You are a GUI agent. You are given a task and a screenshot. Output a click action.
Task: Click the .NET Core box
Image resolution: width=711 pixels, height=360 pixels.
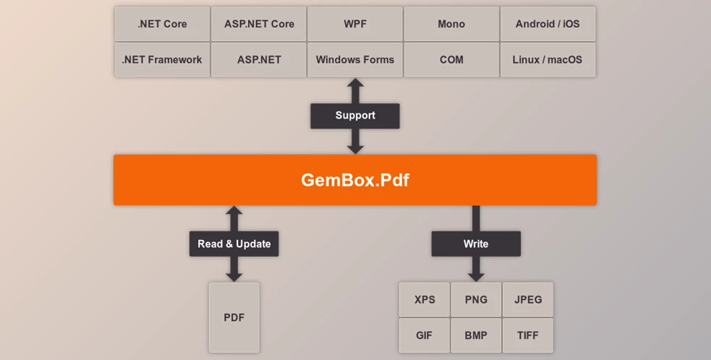162,24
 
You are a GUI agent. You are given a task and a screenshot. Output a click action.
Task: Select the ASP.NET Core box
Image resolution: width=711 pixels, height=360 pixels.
258,24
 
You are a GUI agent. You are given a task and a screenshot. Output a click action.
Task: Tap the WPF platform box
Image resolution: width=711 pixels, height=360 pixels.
355,24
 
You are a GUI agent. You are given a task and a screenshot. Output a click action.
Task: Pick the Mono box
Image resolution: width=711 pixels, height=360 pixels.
451,24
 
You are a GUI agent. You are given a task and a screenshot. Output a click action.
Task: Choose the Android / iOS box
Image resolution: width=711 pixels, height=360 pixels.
548,24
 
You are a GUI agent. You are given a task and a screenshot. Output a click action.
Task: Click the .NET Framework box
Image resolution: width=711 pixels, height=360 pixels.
162,59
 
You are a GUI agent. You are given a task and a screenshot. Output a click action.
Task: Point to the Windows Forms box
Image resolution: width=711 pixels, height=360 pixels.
355,59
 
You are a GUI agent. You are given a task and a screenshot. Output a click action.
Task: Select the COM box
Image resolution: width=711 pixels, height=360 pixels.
451,59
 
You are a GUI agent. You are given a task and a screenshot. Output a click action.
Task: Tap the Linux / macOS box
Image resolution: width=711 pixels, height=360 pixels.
548,59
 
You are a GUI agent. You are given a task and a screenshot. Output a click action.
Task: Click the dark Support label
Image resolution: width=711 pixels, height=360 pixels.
355,116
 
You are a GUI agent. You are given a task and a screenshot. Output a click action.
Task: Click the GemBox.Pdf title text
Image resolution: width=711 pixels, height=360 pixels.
355,180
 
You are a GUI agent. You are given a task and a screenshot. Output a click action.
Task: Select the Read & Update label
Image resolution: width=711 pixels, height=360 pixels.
234,244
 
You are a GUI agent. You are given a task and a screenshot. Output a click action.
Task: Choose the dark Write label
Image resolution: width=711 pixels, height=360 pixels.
476,244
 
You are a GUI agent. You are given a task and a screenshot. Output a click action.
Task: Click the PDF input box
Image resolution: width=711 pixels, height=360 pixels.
234,317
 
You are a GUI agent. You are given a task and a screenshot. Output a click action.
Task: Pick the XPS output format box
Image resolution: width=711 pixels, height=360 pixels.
425,299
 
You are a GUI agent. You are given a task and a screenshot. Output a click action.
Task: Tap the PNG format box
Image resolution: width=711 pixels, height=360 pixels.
476,299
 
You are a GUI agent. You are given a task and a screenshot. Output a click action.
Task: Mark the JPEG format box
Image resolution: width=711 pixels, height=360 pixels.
528,299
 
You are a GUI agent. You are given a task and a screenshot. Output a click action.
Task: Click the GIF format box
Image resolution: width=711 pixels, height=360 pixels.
425,335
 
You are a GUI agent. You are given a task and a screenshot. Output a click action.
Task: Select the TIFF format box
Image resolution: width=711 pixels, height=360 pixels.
528,335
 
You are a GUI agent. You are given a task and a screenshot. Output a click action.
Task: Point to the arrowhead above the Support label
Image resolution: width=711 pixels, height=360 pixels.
355,85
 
